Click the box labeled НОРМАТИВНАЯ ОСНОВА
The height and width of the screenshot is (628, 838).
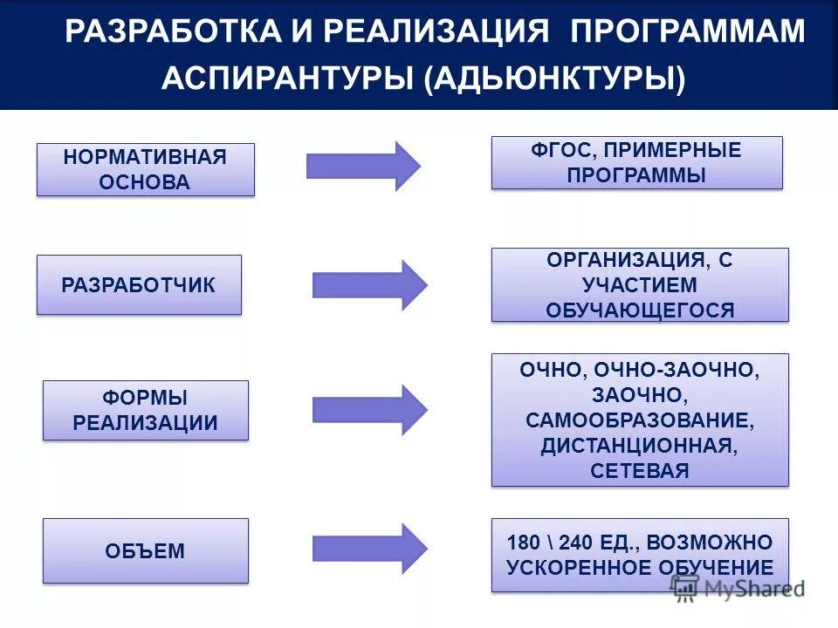pos(145,169)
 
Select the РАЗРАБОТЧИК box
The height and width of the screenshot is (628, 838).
pos(139,284)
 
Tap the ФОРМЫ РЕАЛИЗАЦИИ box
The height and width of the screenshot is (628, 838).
pos(145,410)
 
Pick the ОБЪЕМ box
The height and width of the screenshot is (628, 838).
pos(145,550)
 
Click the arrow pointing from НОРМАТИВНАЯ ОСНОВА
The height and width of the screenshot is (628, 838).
pos(363,166)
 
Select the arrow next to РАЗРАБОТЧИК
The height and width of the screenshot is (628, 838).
pos(369,284)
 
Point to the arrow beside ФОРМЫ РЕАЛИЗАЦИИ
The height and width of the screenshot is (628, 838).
pos(369,409)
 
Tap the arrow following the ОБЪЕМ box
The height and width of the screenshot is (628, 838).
pos(369,549)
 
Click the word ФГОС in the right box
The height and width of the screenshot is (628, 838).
pos(559,150)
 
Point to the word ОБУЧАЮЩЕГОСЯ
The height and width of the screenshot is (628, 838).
pos(640,310)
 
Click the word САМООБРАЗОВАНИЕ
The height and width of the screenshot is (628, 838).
pos(640,420)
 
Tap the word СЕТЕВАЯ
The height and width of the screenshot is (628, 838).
pos(640,471)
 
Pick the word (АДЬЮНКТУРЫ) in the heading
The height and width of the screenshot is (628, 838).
pos(555,78)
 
